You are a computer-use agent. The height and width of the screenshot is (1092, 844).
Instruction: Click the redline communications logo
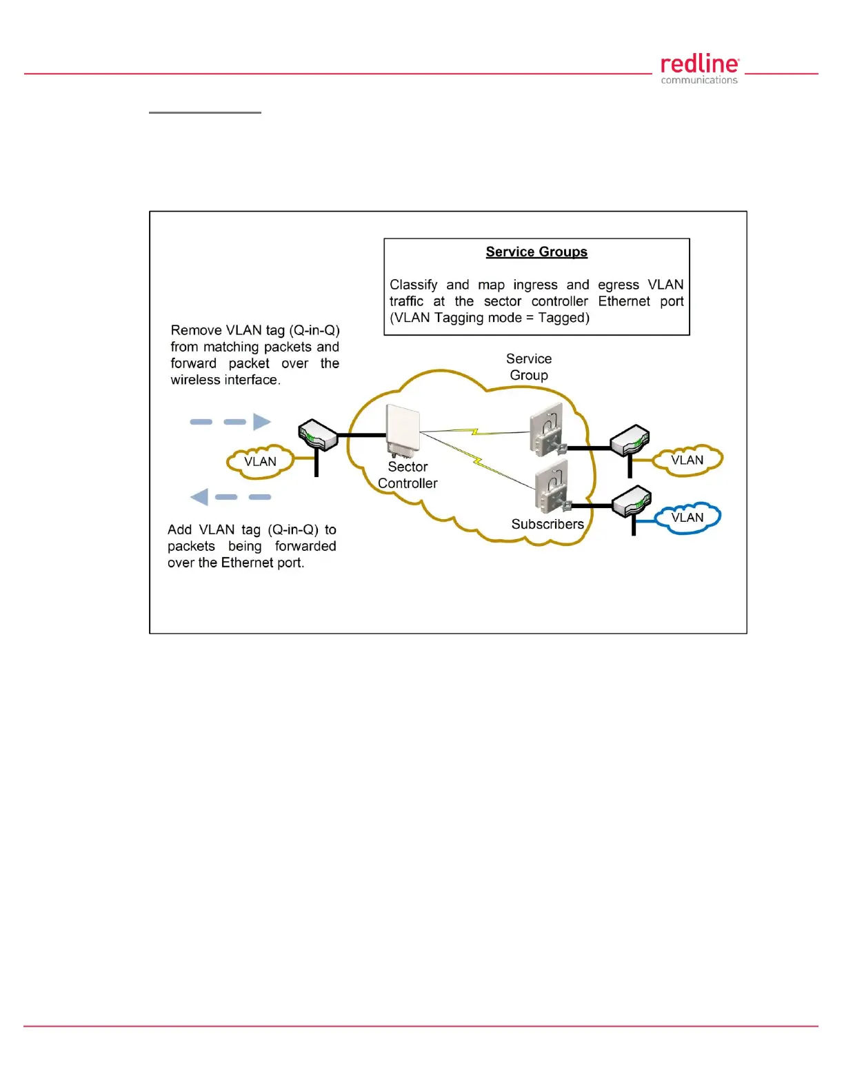(x=699, y=70)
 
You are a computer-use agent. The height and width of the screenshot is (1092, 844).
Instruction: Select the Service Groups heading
(x=536, y=252)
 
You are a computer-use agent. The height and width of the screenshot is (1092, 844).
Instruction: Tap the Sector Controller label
(x=408, y=475)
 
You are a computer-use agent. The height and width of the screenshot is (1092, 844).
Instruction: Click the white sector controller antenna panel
(x=403, y=429)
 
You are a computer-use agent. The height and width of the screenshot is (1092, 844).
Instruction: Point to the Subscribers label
(x=547, y=524)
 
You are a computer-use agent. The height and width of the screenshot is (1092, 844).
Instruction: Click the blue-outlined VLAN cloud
(x=687, y=518)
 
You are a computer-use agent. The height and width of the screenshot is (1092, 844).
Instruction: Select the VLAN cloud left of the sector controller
(x=260, y=462)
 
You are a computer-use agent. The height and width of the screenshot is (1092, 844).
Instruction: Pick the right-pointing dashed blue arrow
(x=231, y=422)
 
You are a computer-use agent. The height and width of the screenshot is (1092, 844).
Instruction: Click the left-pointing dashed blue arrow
(x=230, y=497)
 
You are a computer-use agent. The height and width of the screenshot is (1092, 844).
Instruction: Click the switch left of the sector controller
(x=317, y=434)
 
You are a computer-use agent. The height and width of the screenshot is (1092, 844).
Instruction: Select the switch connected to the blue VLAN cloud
(x=631, y=502)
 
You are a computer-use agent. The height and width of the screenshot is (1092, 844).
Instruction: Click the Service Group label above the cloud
(x=529, y=367)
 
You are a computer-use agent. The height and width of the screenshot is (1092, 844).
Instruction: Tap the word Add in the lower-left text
(x=179, y=529)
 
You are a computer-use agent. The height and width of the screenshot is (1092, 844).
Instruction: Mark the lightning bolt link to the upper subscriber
(x=475, y=432)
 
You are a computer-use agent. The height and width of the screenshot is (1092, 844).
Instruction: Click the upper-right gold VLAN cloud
(x=687, y=461)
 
